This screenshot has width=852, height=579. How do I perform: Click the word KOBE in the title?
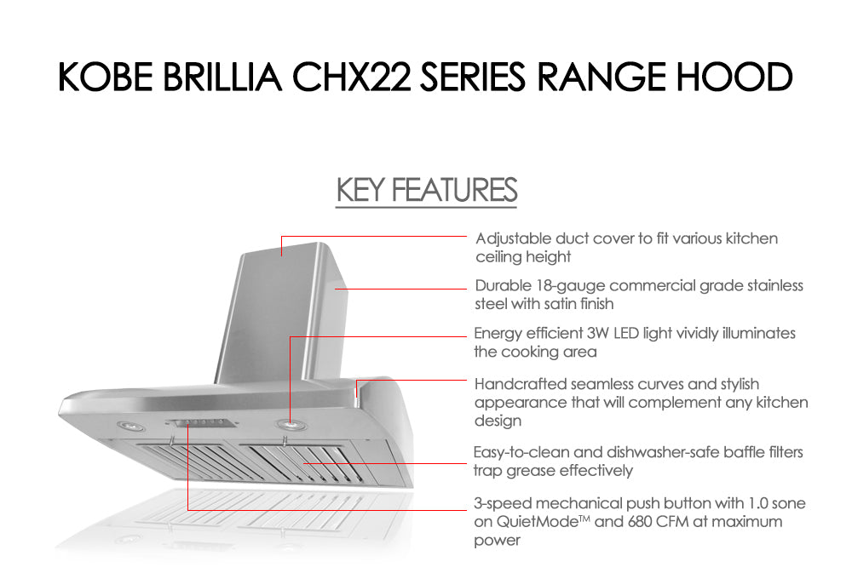[x=106, y=77]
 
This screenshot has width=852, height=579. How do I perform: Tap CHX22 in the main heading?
[x=351, y=77]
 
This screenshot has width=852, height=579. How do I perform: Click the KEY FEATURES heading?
[x=427, y=190]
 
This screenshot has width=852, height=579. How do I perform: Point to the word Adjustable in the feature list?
[x=513, y=239]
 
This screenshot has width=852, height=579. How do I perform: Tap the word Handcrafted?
[x=521, y=384]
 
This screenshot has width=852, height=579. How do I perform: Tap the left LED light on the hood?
[x=129, y=426]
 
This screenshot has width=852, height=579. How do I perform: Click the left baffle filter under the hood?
[x=187, y=461]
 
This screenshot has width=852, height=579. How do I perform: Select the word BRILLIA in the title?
[x=222, y=77]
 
